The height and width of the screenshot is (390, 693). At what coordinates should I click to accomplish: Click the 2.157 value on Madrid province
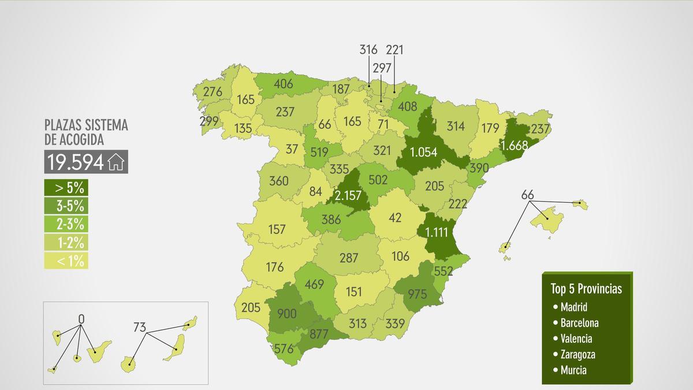tap(348, 195)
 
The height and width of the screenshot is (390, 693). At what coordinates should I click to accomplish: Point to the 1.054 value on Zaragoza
tap(424, 152)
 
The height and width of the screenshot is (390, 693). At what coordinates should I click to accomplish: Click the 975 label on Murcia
tap(416, 293)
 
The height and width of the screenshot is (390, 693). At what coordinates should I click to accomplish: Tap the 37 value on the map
tap(292, 148)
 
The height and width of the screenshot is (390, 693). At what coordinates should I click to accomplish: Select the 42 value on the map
tap(395, 218)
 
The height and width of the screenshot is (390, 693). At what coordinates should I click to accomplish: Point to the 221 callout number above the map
tap(394, 50)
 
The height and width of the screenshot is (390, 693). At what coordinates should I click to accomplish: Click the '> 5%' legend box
tap(66, 187)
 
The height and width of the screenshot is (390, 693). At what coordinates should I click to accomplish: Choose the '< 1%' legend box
tap(66, 261)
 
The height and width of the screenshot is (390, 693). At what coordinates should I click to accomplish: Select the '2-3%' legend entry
tap(66, 224)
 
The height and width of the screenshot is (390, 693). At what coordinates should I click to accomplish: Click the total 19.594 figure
tap(76, 162)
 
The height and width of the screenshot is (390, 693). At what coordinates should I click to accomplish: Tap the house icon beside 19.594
tap(116, 162)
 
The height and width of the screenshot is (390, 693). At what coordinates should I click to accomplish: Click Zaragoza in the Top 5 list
tap(577, 354)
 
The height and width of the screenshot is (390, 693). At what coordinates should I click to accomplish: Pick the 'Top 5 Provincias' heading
tap(586, 289)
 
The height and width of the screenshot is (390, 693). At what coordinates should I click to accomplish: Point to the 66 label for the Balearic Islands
tap(527, 194)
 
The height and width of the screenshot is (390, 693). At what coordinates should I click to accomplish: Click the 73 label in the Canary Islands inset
tap(139, 327)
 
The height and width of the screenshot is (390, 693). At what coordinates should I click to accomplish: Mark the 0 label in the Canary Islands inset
tap(81, 318)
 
